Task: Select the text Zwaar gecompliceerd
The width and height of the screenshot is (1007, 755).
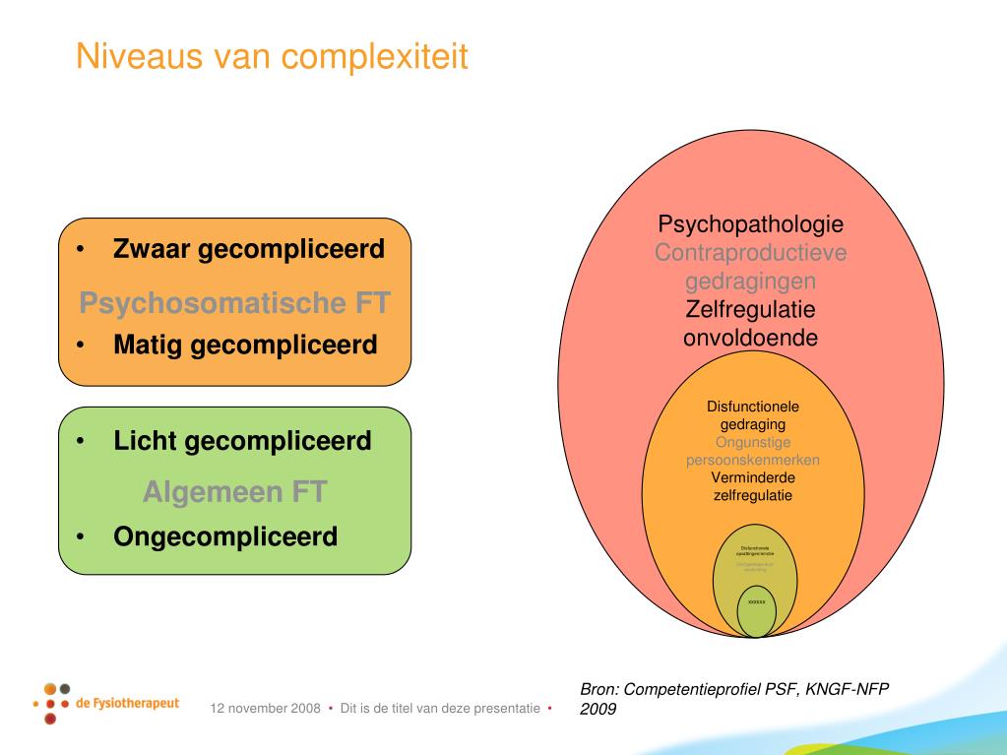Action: (248, 249)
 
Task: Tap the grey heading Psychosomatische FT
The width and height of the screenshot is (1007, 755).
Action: (234, 302)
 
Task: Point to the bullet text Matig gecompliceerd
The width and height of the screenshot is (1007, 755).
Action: (245, 346)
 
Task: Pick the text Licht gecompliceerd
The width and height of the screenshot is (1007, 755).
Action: (242, 440)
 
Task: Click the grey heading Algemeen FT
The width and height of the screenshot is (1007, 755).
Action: (233, 491)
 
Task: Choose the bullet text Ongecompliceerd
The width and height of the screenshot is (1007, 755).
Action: (225, 536)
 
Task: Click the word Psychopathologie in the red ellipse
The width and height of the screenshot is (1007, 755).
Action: (750, 223)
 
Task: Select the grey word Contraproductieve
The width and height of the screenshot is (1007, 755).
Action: (750, 253)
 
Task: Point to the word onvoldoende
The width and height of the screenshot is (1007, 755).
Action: (750, 338)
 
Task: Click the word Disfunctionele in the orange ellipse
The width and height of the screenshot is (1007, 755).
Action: (753, 406)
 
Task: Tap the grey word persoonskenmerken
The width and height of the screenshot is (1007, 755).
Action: (752, 460)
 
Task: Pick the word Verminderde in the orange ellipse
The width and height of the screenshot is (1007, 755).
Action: (753, 477)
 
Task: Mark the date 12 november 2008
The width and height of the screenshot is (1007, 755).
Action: (265, 709)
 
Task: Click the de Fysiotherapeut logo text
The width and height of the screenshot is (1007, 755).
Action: (127, 705)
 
